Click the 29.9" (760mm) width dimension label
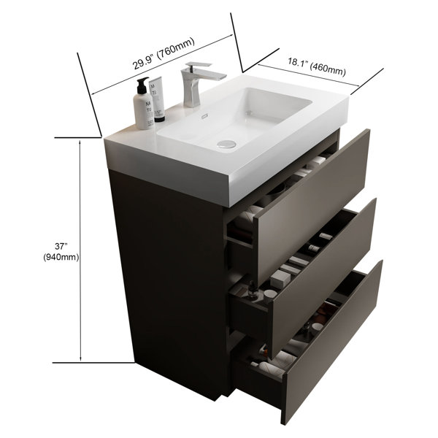[164, 53]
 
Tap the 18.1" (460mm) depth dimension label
[317, 66]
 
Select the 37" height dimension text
[61, 247]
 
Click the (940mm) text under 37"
[61, 257]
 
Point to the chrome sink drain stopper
[226, 144]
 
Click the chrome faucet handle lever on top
[199, 65]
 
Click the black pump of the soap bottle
[142, 85]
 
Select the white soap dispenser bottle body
[144, 112]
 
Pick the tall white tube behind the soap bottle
[157, 97]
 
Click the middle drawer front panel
[324, 277]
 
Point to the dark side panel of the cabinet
[168, 280]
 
